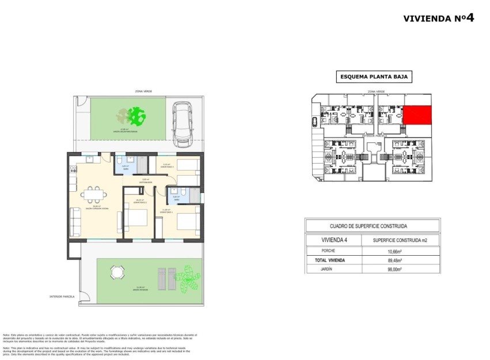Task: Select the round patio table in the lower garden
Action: pyautogui.click(x=117, y=272)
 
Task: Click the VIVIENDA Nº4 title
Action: pyautogui.click(x=439, y=18)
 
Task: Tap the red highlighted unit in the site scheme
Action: pyautogui.click(x=417, y=115)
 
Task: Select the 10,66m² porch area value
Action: pyautogui.click(x=394, y=251)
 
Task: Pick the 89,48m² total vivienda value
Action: pyautogui.click(x=394, y=260)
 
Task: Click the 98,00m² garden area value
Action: pyautogui.click(x=394, y=269)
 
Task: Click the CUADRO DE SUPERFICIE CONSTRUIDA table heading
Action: pyautogui.click(x=372, y=226)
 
